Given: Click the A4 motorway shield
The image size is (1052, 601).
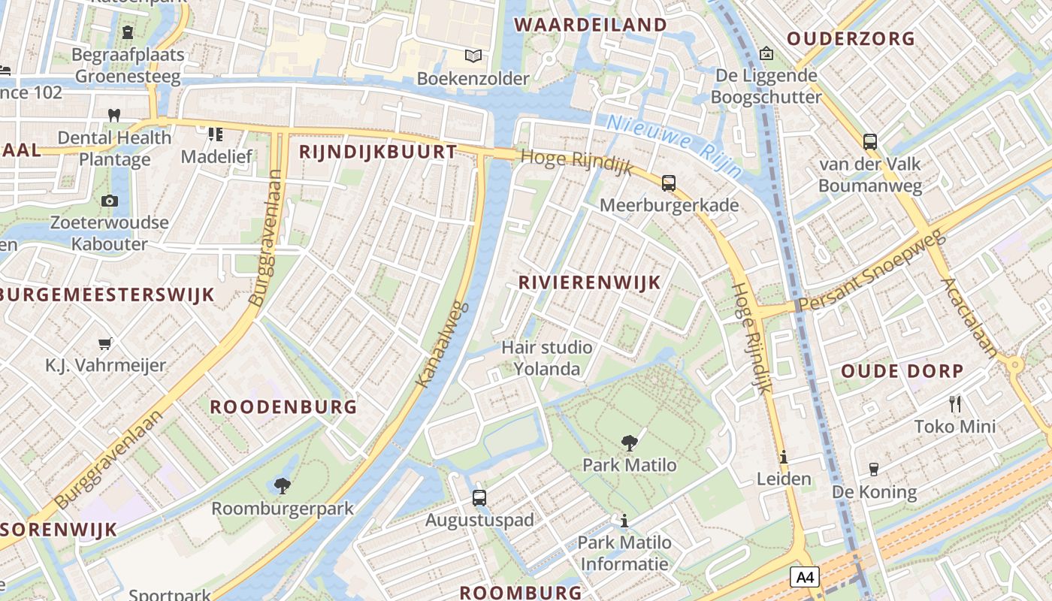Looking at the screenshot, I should click(x=804, y=577).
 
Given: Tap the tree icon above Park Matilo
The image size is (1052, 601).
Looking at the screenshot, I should click(x=630, y=443).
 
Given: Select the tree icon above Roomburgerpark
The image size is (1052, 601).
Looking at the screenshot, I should click(x=283, y=486).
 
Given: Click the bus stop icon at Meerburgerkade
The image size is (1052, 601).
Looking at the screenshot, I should click(x=668, y=183).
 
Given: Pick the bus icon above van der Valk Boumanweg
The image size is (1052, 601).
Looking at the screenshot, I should click(x=869, y=141).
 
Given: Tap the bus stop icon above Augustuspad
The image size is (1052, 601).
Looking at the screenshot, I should click(x=479, y=497).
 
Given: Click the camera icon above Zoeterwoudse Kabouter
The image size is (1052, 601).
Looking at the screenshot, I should click(x=110, y=201).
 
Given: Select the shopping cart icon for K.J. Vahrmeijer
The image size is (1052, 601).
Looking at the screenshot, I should click(x=105, y=343).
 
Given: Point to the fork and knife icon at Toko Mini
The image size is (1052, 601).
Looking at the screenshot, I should click(x=955, y=404).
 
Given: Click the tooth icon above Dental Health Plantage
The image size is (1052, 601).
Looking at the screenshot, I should click(x=114, y=115).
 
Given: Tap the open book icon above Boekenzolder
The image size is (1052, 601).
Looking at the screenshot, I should click(x=473, y=56).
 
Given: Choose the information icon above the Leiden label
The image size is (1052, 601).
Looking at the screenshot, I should click(x=784, y=457).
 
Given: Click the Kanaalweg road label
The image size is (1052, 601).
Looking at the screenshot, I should click(x=443, y=345).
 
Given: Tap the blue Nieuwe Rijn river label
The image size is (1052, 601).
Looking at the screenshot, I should click(x=674, y=146).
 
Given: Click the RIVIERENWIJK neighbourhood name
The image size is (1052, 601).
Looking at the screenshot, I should click(x=590, y=282).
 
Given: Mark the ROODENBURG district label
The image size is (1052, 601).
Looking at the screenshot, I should click(x=283, y=407).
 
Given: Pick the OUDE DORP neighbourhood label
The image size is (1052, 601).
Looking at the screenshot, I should click(x=902, y=371).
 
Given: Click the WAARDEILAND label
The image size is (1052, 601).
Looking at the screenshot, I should click(x=591, y=25).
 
